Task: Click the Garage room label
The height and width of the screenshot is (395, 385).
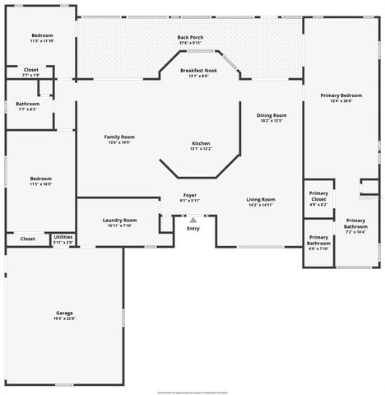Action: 64,313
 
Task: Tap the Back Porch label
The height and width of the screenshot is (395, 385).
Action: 190,37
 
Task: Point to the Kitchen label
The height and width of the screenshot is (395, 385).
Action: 201,142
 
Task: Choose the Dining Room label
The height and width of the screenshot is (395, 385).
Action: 271,115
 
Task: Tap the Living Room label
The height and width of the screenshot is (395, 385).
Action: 261,199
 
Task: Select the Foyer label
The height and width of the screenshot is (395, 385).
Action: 190,195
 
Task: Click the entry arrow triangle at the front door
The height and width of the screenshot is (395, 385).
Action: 193,220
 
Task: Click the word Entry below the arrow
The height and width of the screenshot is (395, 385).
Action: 193,228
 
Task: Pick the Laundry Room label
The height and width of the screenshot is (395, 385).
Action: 119,220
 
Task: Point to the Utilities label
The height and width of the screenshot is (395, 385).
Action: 63,237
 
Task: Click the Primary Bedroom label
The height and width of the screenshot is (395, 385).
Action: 341,95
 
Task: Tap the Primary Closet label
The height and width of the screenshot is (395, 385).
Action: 318,196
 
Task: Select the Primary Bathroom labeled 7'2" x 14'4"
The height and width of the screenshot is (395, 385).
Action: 355,222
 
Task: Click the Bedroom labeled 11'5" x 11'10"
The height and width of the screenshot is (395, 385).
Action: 42,35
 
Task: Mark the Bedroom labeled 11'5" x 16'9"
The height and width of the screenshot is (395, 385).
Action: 40,179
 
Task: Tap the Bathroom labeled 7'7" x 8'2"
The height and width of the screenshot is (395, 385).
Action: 27,104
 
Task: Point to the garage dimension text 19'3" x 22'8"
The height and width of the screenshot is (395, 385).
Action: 64,318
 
